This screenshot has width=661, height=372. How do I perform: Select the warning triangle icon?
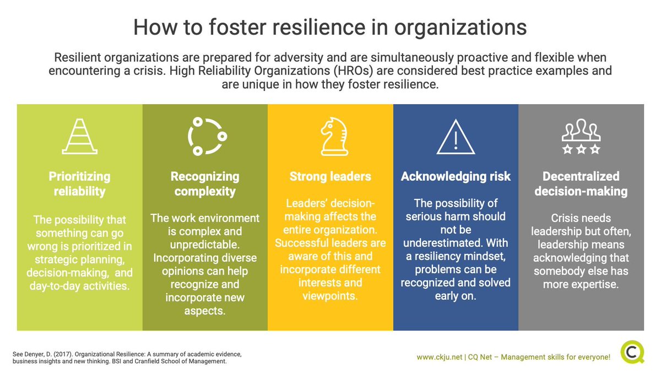click(456, 136)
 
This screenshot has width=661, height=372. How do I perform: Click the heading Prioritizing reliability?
click(79, 184)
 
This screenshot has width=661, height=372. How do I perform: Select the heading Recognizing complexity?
click(204, 184)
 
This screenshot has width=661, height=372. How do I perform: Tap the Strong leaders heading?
click(330, 177)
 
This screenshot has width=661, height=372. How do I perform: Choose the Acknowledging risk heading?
click(456, 177)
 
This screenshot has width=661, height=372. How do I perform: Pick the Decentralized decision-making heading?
click(581, 184)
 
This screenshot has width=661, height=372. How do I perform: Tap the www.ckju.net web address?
click(438, 357)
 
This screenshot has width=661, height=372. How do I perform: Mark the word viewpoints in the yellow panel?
click(330, 296)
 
